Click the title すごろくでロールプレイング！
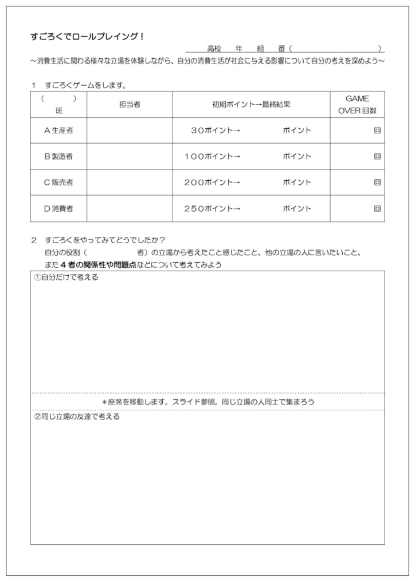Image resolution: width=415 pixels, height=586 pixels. [x=87, y=37]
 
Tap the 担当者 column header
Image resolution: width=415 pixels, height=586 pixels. [x=130, y=104]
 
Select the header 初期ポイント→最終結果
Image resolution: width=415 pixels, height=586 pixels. [x=251, y=104]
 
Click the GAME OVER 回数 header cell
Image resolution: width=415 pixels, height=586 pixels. [x=357, y=104]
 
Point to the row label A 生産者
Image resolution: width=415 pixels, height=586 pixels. [x=58, y=130]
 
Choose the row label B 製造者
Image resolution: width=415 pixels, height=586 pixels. [x=58, y=156]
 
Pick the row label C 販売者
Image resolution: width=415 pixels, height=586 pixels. [x=58, y=183]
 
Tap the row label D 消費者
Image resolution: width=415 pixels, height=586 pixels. [x=58, y=209]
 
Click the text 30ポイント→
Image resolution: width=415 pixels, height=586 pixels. [x=215, y=130]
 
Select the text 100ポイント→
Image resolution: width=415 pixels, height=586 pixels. [x=212, y=156]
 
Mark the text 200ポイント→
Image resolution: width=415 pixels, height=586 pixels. [x=212, y=183]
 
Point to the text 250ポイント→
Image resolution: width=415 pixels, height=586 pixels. [x=212, y=209]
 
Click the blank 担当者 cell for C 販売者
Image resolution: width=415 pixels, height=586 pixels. [x=130, y=183]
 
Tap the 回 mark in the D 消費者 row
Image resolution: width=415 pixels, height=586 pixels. [x=377, y=209]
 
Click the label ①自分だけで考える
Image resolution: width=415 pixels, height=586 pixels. [x=66, y=278]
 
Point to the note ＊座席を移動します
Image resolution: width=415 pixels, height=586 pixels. [x=207, y=402]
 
